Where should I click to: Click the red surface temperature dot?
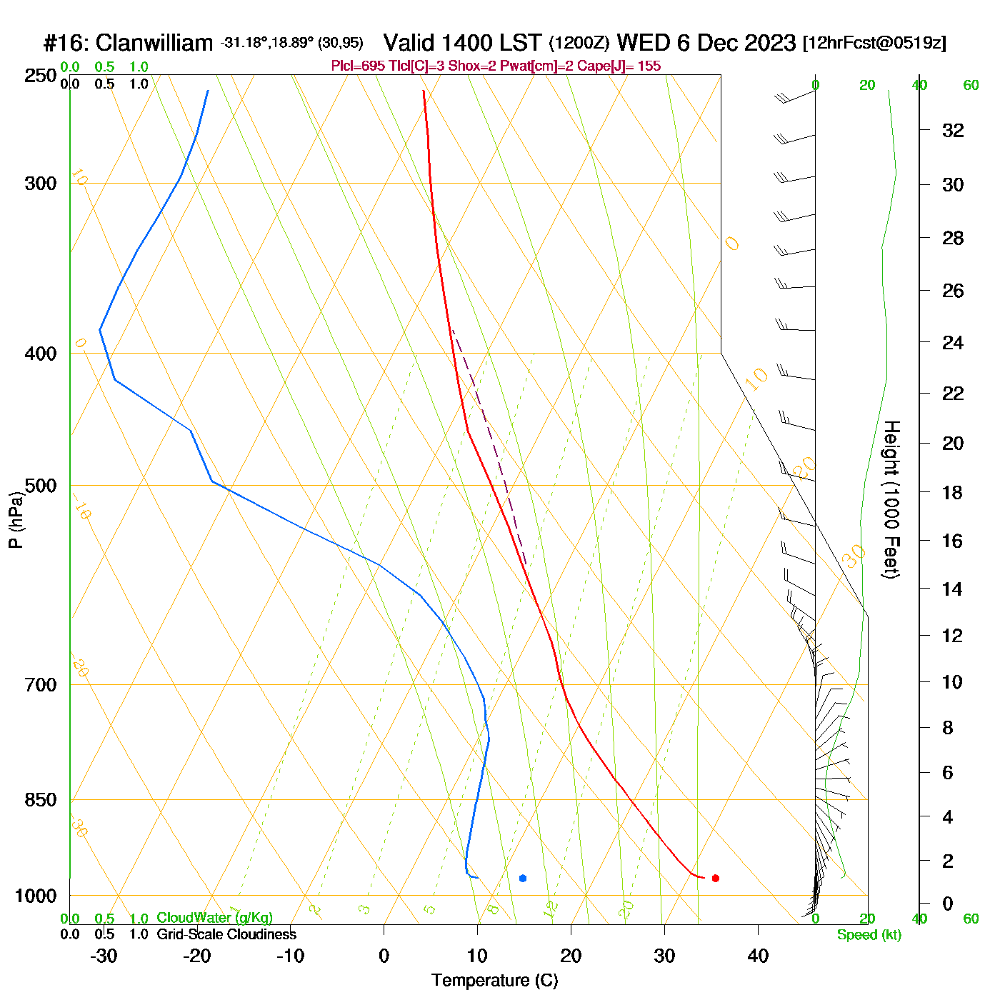pos(715,878)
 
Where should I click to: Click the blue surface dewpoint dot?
pos(523,878)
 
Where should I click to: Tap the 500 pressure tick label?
pos(41,486)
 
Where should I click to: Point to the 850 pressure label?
pos(41,800)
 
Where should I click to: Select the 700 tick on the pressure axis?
pos(41,685)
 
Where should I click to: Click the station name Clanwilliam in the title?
pos(154,43)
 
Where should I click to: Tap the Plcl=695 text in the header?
pos(358,66)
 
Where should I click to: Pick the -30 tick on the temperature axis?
pos(104,956)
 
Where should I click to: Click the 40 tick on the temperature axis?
pos(758,956)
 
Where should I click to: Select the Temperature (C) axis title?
pos(494,981)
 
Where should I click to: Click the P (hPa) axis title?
pos(16,520)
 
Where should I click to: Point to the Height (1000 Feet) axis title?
pos(891,499)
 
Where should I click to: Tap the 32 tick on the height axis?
pos(953,131)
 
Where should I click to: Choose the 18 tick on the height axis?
pos(953,493)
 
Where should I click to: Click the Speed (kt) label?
pos(869,935)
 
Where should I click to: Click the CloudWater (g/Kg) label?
pos(214,918)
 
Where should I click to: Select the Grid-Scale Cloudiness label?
pos(226,934)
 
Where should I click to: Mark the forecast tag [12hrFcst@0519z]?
pos(874,43)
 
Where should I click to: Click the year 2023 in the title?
pos(770,43)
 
